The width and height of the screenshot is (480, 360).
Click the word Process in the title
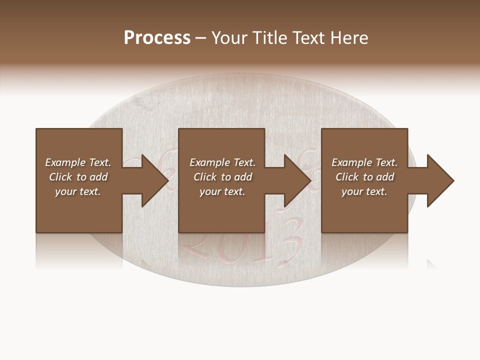(157, 38)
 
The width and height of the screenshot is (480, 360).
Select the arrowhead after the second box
(297, 180)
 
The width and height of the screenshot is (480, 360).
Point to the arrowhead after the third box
(440, 180)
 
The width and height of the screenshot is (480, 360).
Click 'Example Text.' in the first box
(78, 162)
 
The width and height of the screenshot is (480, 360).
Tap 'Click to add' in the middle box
(222, 177)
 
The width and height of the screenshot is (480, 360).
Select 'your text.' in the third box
(364, 191)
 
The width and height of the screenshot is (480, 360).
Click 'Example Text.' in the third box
(364, 162)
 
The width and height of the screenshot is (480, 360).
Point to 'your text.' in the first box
(78, 191)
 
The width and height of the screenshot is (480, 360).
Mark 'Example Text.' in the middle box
(222, 162)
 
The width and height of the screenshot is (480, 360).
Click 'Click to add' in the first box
(78, 177)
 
